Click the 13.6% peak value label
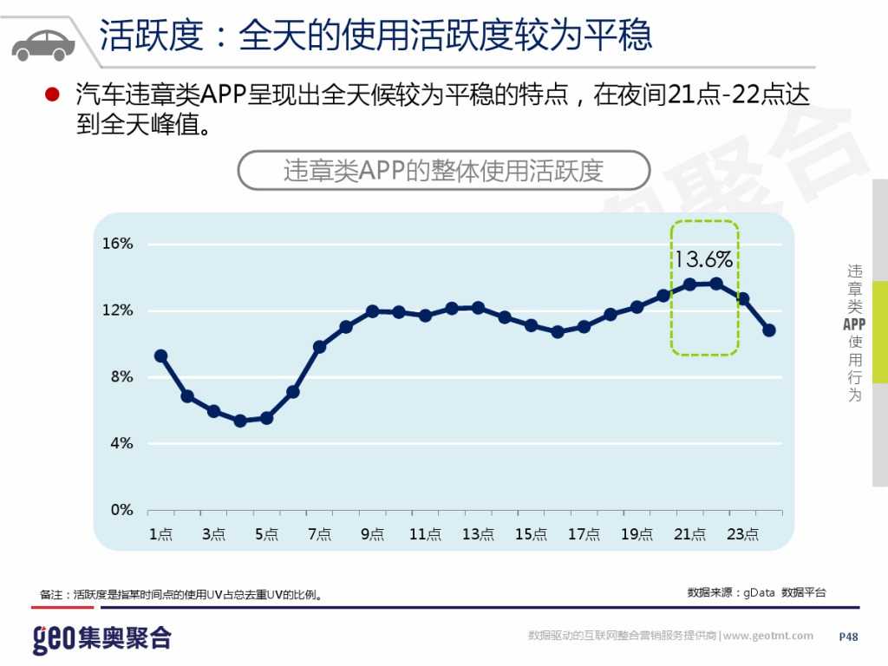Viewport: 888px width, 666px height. coord(703,259)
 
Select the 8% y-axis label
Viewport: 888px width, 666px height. coord(122,377)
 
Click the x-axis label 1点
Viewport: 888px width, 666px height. coord(160,534)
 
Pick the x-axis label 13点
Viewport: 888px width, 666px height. coord(478,534)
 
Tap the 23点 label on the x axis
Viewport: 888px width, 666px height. coord(742,534)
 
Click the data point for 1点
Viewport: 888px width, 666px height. coord(160,356)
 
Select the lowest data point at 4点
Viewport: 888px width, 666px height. coord(240,421)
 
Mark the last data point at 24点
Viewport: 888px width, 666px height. coord(769,330)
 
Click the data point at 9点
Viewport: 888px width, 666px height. coord(372,311)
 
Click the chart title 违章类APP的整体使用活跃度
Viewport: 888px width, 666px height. coord(443,171)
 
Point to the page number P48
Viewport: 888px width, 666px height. coord(848,637)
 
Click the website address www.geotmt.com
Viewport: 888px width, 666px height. coord(768,636)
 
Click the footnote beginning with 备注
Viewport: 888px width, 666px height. coord(182,595)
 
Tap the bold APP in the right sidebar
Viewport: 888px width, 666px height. coord(854,324)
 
